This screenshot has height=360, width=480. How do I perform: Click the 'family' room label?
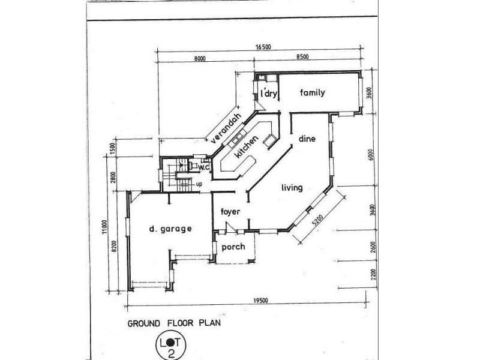pyautogui.click(x=312, y=92)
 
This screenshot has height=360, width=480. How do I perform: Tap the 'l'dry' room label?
pyautogui.click(x=268, y=93)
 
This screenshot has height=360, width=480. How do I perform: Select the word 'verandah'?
pyautogui.click(x=226, y=128)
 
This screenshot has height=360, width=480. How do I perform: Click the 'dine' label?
pyautogui.click(x=307, y=139)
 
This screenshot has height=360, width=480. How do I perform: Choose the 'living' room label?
pyautogui.click(x=292, y=187)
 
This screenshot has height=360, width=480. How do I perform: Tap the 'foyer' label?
pyautogui.click(x=230, y=212)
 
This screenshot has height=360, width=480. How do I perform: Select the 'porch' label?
pyautogui.click(x=233, y=247)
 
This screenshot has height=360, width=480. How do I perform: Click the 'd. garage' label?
pyautogui.click(x=170, y=229)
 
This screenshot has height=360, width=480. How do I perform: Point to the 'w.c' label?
pyautogui.click(x=203, y=167)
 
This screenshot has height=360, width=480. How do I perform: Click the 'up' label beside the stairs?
pyautogui.click(x=199, y=184)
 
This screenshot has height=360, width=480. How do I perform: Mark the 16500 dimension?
pyautogui.click(x=263, y=47)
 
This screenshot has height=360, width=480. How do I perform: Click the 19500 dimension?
pyautogui.click(x=260, y=301)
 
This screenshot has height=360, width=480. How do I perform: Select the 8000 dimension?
pyautogui.click(x=200, y=58)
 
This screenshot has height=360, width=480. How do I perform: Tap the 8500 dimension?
pyautogui.click(x=303, y=56)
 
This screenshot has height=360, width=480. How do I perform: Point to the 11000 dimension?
pyautogui.click(x=104, y=227)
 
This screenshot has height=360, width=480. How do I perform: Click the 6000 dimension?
pyautogui.click(x=371, y=155)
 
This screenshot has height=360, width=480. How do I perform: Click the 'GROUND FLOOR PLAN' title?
pyautogui.click(x=174, y=323)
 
